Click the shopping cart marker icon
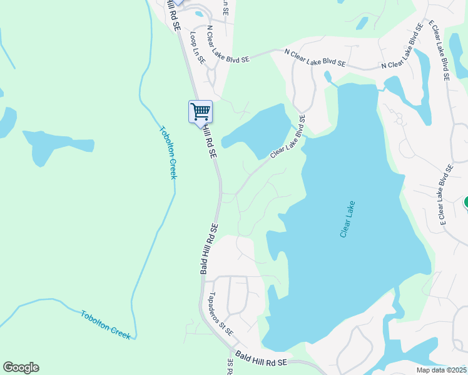(x=200, y=112)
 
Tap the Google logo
(x=21, y=367)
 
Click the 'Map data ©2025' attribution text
(x=441, y=370)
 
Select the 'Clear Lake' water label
(x=347, y=219)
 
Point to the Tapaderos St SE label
(x=221, y=313)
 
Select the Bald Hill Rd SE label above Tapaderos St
(x=208, y=249)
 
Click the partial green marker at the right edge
(x=465, y=203)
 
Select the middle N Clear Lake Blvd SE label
(x=315, y=59)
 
